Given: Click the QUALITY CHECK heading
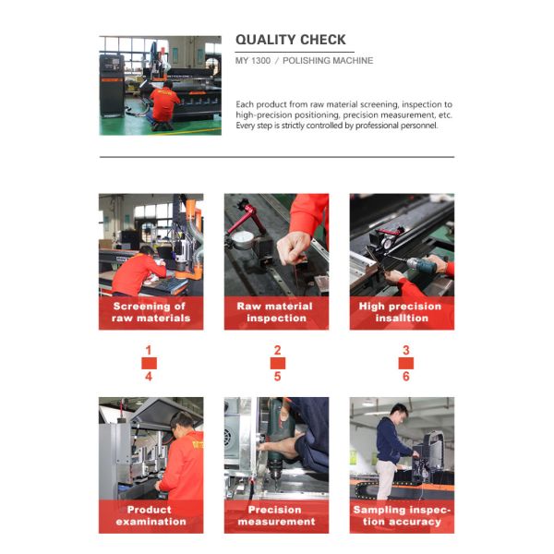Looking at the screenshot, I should [291, 40].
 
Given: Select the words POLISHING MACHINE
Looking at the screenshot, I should [328, 61].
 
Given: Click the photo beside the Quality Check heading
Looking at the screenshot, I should [160, 85].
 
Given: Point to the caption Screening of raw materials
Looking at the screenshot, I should [150, 312].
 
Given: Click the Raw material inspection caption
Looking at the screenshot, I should [275, 312].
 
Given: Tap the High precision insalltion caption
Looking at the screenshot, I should [402, 312].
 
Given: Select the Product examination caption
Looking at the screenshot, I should [150, 515].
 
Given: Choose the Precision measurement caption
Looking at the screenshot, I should [275, 515].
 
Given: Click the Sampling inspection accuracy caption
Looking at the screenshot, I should [402, 515].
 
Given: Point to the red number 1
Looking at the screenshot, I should [148, 351].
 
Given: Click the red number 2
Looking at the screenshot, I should [277, 351].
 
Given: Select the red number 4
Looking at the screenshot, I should [148, 377].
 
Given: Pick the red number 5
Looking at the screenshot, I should [277, 377].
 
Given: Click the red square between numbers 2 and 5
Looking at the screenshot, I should [277, 364].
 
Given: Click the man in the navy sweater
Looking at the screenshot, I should [393, 443].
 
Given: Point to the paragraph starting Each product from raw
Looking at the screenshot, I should [343, 115].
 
